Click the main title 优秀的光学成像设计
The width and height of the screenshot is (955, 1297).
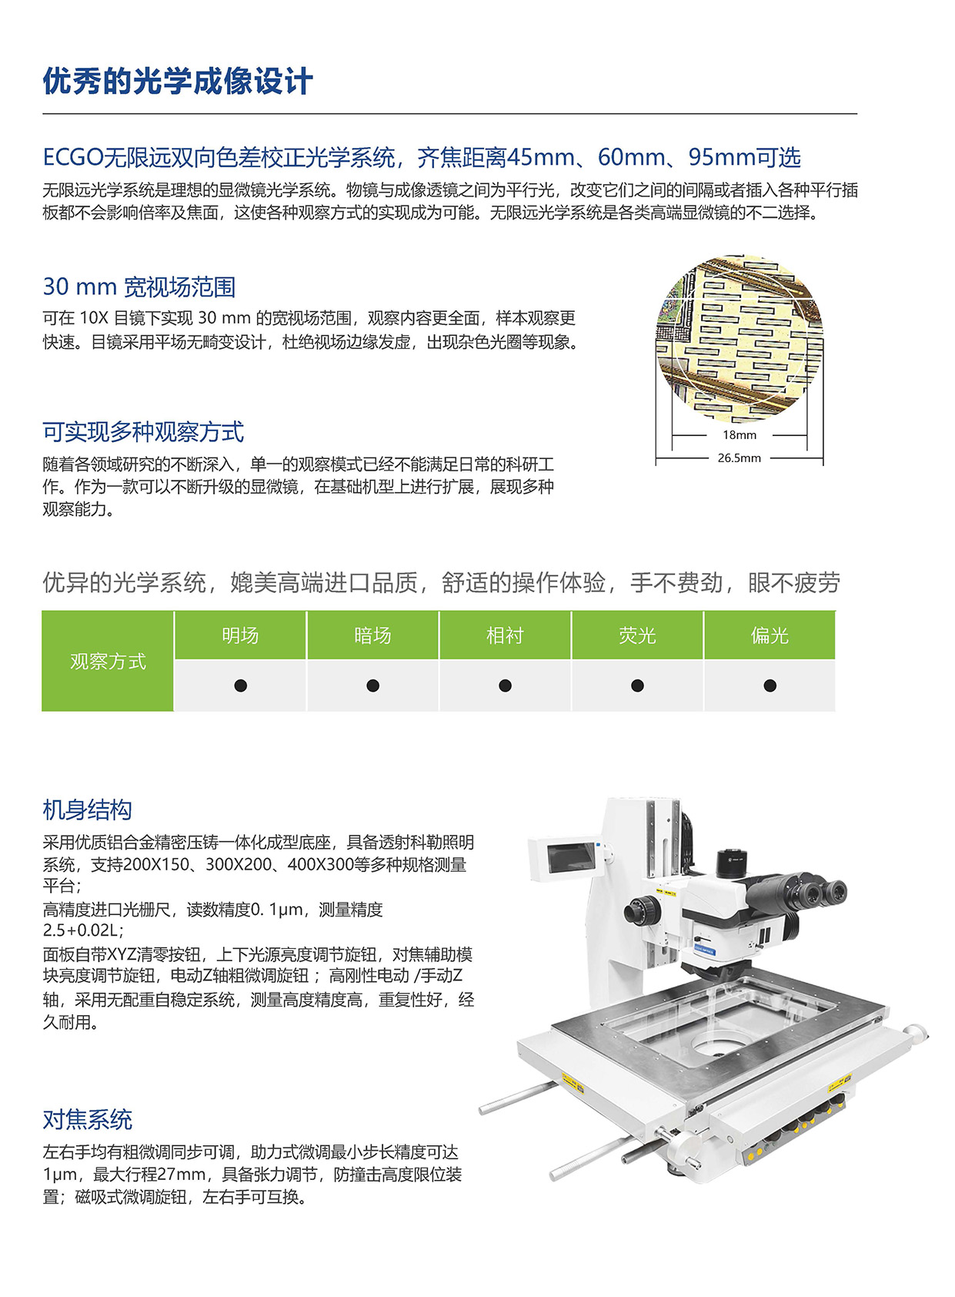click(x=178, y=82)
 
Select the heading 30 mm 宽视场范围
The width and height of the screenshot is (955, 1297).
click(x=139, y=287)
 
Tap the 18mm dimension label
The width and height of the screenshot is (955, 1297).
click(x=739, y=435)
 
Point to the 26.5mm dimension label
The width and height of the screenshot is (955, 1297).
click(x=739, y=458)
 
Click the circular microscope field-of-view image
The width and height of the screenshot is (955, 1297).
click(x=740, y=339)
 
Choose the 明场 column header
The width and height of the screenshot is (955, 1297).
click(x=240, y=635)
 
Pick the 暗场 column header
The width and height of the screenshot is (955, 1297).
click(x=372, y=635)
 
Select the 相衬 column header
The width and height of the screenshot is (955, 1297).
click(x=505, y=635)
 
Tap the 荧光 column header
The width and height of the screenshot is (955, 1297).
click(x=637, y=635)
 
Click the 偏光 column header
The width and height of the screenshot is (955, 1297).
click(x=770, y=635)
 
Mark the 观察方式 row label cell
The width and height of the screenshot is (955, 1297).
click(x=108, y=662)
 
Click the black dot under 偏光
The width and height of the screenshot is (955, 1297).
click(x=770, y=685)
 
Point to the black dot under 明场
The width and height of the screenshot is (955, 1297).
click(x=240, y=685)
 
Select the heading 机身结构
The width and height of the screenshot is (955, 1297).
click(x=88, y=810)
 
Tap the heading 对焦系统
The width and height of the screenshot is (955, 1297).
click(x=88, y=1120)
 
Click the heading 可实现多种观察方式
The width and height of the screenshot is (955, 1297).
click(x=143, y=432)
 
